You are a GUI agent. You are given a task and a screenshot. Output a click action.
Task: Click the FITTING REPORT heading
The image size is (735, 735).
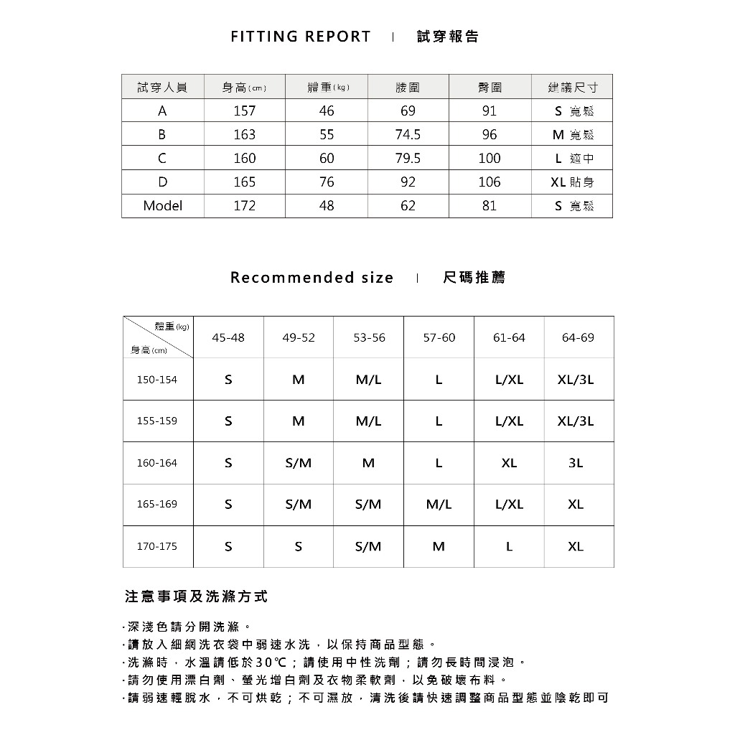pyautogui.click(x=301, y=37)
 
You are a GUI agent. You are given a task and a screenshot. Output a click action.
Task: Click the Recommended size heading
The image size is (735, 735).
pyautogui.click(x=312, y=278)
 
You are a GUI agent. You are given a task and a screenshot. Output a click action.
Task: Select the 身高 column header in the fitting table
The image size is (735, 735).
pyautogui.click(x=244, y=88)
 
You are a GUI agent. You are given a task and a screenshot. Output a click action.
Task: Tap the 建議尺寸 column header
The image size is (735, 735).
pyautogui.click(x=572, y=88)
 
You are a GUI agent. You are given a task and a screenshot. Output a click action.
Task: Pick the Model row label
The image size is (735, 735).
pyautogui.click(x=163, y=206)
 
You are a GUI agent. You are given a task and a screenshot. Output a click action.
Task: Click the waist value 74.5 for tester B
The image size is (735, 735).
pyautogui.click(x=408, y=135)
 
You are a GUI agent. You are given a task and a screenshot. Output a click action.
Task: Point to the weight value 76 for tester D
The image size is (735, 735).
pyautogui.click(x=327, y=182)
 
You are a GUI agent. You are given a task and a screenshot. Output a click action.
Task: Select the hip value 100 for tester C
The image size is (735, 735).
pyautogui.click(x=490, y=159)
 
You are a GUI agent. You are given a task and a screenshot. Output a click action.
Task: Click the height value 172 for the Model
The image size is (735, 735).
pyautogui.click(x=244, y=206)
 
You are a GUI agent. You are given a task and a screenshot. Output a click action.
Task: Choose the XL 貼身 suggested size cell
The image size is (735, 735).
pyautogui.click(x=572, y=182)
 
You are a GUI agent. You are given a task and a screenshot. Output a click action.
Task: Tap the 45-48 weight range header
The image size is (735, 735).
pyautogui.click(x=228, y=337)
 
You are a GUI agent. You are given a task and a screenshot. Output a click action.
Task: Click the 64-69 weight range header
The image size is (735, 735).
pyautogui.click(x=579, y=337)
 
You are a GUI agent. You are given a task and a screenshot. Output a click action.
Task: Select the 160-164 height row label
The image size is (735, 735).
pyautogui.click(x=157, y=463)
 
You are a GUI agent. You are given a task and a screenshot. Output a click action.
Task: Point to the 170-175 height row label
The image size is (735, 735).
pyautogui.click(x=157, y=546)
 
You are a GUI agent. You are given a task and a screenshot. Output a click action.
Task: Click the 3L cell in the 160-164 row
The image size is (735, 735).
pyautogui.click(x=576, y=463)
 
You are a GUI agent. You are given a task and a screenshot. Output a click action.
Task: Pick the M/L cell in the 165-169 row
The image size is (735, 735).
pyautogui.click(x=439, y=505)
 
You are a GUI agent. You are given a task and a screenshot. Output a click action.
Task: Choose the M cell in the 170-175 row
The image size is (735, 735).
pyautogui.click(x=439, y=546)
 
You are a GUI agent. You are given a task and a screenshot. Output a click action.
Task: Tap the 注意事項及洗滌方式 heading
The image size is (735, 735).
pyautogui.click(x=196, y=596)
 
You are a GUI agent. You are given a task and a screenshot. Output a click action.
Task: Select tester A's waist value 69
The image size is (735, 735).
pyautogui.click(x=408, y=111)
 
